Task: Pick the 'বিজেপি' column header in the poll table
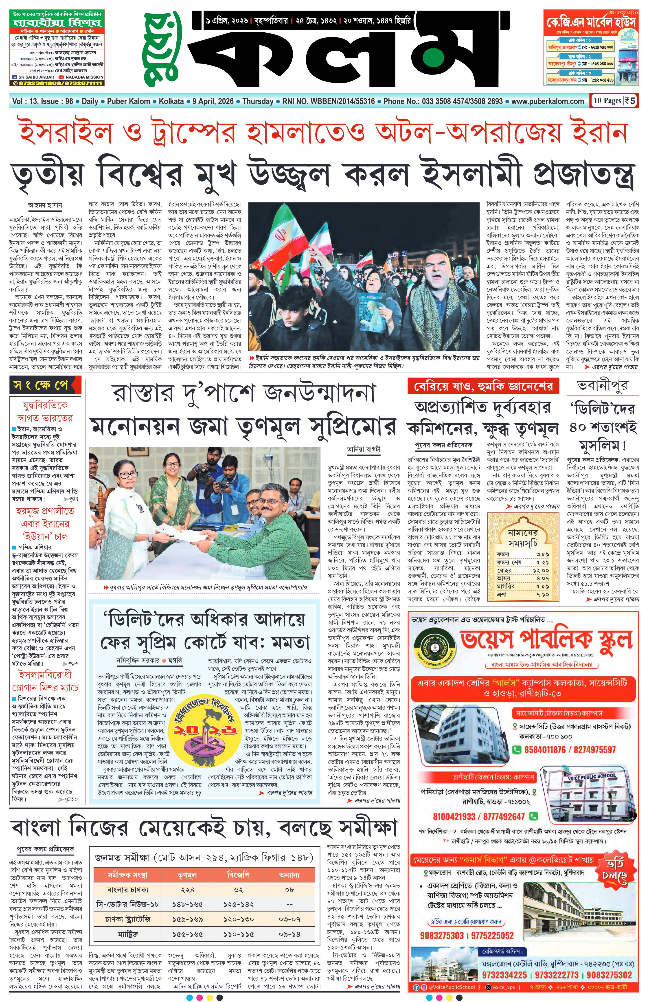(239, 875)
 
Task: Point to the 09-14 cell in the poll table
(289, 934)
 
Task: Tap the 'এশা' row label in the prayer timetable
(502, 594)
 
